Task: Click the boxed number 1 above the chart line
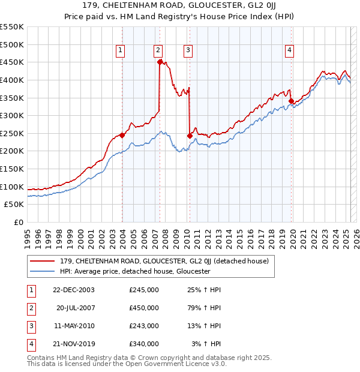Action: pyautogui.click(x=121, y=50)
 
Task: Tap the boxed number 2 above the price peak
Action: pyautogui.click(x=158, y=50)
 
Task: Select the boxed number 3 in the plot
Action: pyautogui.click(x=188, y=50)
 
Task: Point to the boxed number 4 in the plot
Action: pyautogui.click(x=289, y=50)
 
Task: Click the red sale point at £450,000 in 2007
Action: pyautogui.click(x=160, y=61)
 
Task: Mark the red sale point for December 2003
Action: pyautogui.click(x=122, y=135)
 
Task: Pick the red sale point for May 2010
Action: pyautogui.click(x=190, y=136)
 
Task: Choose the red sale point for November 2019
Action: pyautogui.click(x=291, y=101)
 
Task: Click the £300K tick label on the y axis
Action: pyautogui.click(x=12, y=115)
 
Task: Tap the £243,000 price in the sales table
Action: pyautogui.click(x=144, y=326)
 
